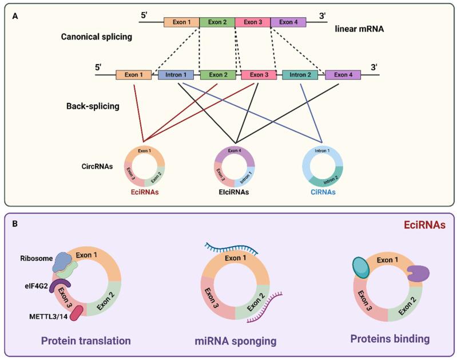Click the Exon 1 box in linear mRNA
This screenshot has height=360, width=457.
tap(181, 22)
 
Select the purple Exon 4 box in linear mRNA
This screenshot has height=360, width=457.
tap(288, 22)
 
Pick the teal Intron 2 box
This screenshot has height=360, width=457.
tap(299, 75)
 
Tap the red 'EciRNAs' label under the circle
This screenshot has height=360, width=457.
tap(143, 192)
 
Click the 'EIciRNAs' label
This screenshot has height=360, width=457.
tap(234, 192)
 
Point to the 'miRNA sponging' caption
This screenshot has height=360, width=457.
tap(235, 341)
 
